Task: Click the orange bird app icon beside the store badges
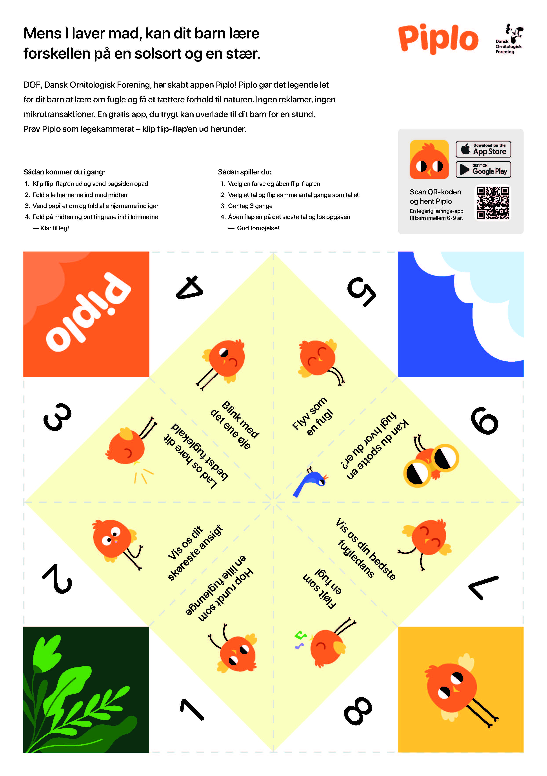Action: click(429, 160)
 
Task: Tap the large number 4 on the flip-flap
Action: click(190, 288)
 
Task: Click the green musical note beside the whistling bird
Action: click(300, 635)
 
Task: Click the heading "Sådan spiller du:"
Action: click(244, 172)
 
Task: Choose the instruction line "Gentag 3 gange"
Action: click(250, 206)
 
